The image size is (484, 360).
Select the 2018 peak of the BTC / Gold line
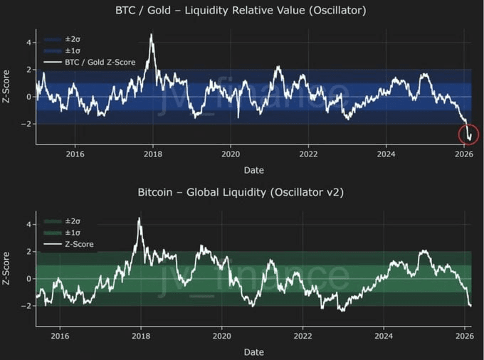coord(151,35)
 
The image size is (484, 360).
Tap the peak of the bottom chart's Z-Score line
coord(140,218)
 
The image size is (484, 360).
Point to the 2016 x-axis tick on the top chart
coord(75,154)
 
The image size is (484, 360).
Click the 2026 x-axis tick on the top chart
coord(463,154)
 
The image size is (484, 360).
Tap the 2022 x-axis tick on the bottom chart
coord(303,336)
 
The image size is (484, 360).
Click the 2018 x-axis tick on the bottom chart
coord(141,336)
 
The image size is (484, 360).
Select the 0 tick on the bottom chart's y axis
coord(28,279)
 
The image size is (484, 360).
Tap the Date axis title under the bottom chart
coord(254,351)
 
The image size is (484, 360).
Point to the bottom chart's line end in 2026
coord(470,305)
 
